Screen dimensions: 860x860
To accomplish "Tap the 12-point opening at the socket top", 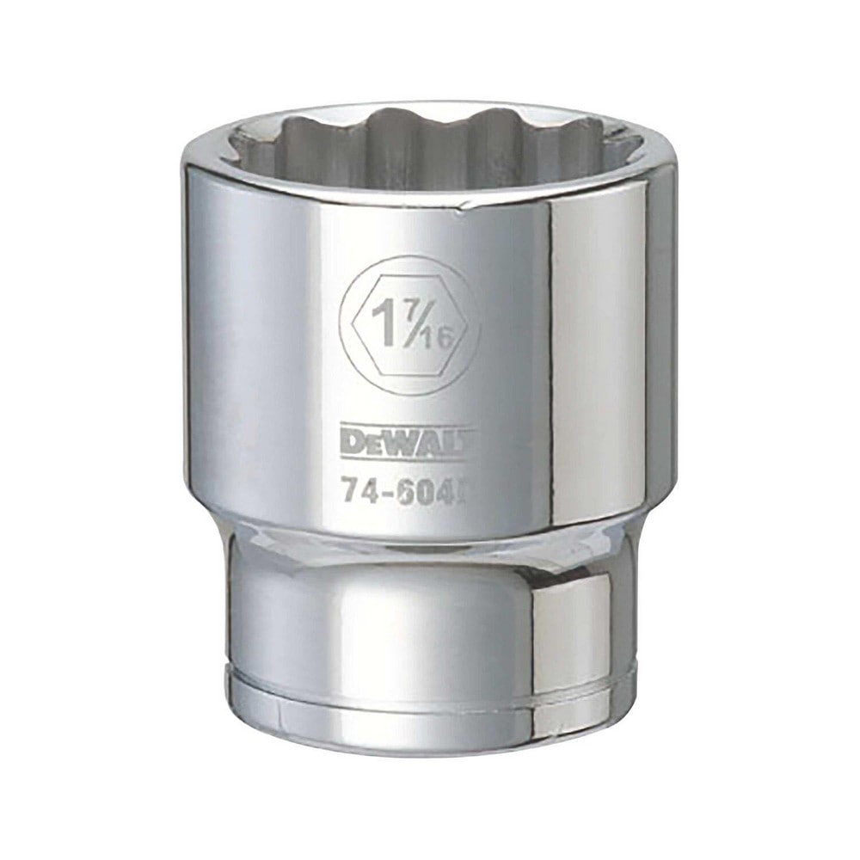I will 430,150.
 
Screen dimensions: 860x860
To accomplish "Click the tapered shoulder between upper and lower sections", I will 430,537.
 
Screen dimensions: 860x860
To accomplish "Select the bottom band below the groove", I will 430,718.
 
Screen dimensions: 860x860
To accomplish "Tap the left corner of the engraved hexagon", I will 351,328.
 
